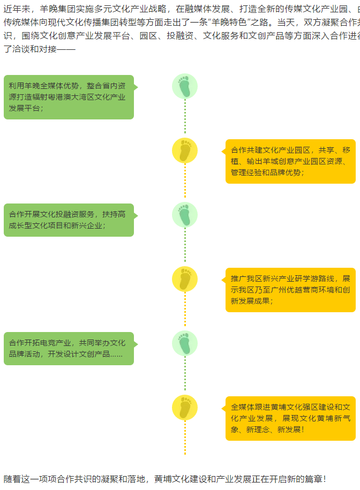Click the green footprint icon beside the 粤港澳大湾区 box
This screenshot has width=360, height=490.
pyautogui.click(x=185, y=86)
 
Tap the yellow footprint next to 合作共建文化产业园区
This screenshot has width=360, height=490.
pyautogui.click(x=185, y=150)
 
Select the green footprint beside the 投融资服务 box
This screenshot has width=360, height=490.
pyautogui.click(x=185, y=215)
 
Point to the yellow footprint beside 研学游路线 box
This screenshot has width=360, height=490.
pyautogui.click(x=185, y=279)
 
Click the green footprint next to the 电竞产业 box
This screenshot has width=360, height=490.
pyautogui.click(x=185, y=343)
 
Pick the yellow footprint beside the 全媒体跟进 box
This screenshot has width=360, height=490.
pyautogui.click(x=185, y=408)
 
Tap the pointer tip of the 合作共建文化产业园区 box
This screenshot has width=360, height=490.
pyautogui.click(x=223, y=151)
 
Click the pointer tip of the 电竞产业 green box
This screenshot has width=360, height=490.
pyautogui.click(x=136, y=344)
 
